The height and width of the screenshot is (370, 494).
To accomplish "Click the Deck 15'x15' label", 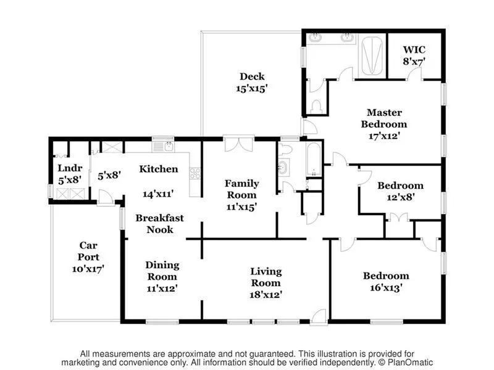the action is pos(252,83).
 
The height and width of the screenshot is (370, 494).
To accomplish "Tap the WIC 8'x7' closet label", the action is pos(414,55).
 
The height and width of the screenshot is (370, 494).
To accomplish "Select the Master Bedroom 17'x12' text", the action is pos(384,124).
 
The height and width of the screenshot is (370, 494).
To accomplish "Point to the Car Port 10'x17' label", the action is pos(88,257).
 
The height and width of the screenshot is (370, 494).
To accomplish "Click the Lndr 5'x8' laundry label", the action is pos(70,174).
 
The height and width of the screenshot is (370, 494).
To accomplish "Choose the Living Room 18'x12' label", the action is pos(266,283).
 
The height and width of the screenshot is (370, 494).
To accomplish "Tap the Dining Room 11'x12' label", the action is pos(162,276).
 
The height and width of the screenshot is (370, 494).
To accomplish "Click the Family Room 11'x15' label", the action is pos(241,195).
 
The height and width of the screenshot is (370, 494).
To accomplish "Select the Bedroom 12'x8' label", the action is pos(400,191).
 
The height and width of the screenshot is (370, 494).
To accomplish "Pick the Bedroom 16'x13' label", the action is pos(386,282).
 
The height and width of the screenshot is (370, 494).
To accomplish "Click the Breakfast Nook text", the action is pos(159,224).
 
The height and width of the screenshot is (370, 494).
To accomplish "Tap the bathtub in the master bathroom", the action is pos(372,56).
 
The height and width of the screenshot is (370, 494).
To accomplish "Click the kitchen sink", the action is pos(163,147).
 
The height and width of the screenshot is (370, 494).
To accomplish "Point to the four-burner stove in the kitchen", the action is pos(195,173).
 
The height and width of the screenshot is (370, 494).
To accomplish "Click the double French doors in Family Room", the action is pos(238,144).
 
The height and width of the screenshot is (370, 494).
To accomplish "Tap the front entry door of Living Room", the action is pos(318,316).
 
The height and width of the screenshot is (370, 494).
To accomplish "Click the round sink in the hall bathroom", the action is pos(283,167).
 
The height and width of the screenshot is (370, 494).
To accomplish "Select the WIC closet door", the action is pos(414,74).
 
